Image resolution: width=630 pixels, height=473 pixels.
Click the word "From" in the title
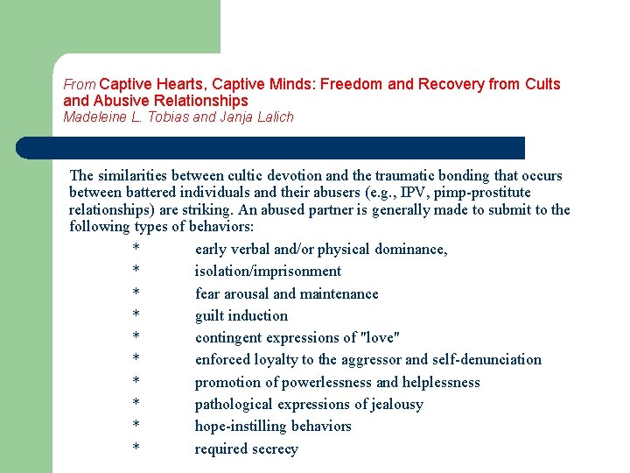[x=79, y=85]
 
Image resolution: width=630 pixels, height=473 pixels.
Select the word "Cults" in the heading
[x=542, y=84]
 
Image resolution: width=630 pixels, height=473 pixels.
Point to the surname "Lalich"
[x=276, y=116]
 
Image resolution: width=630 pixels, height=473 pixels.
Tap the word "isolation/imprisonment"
[x=268, y=271]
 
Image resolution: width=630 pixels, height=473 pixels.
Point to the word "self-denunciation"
[x=486, y=359]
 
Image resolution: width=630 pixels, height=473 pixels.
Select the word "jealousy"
[x=391, y=404]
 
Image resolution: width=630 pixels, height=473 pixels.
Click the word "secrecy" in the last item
[x=274, y=448]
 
